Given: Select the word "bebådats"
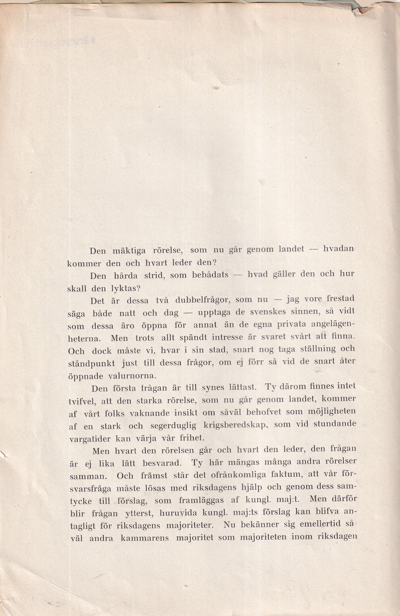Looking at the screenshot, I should [x=210, y=275].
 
